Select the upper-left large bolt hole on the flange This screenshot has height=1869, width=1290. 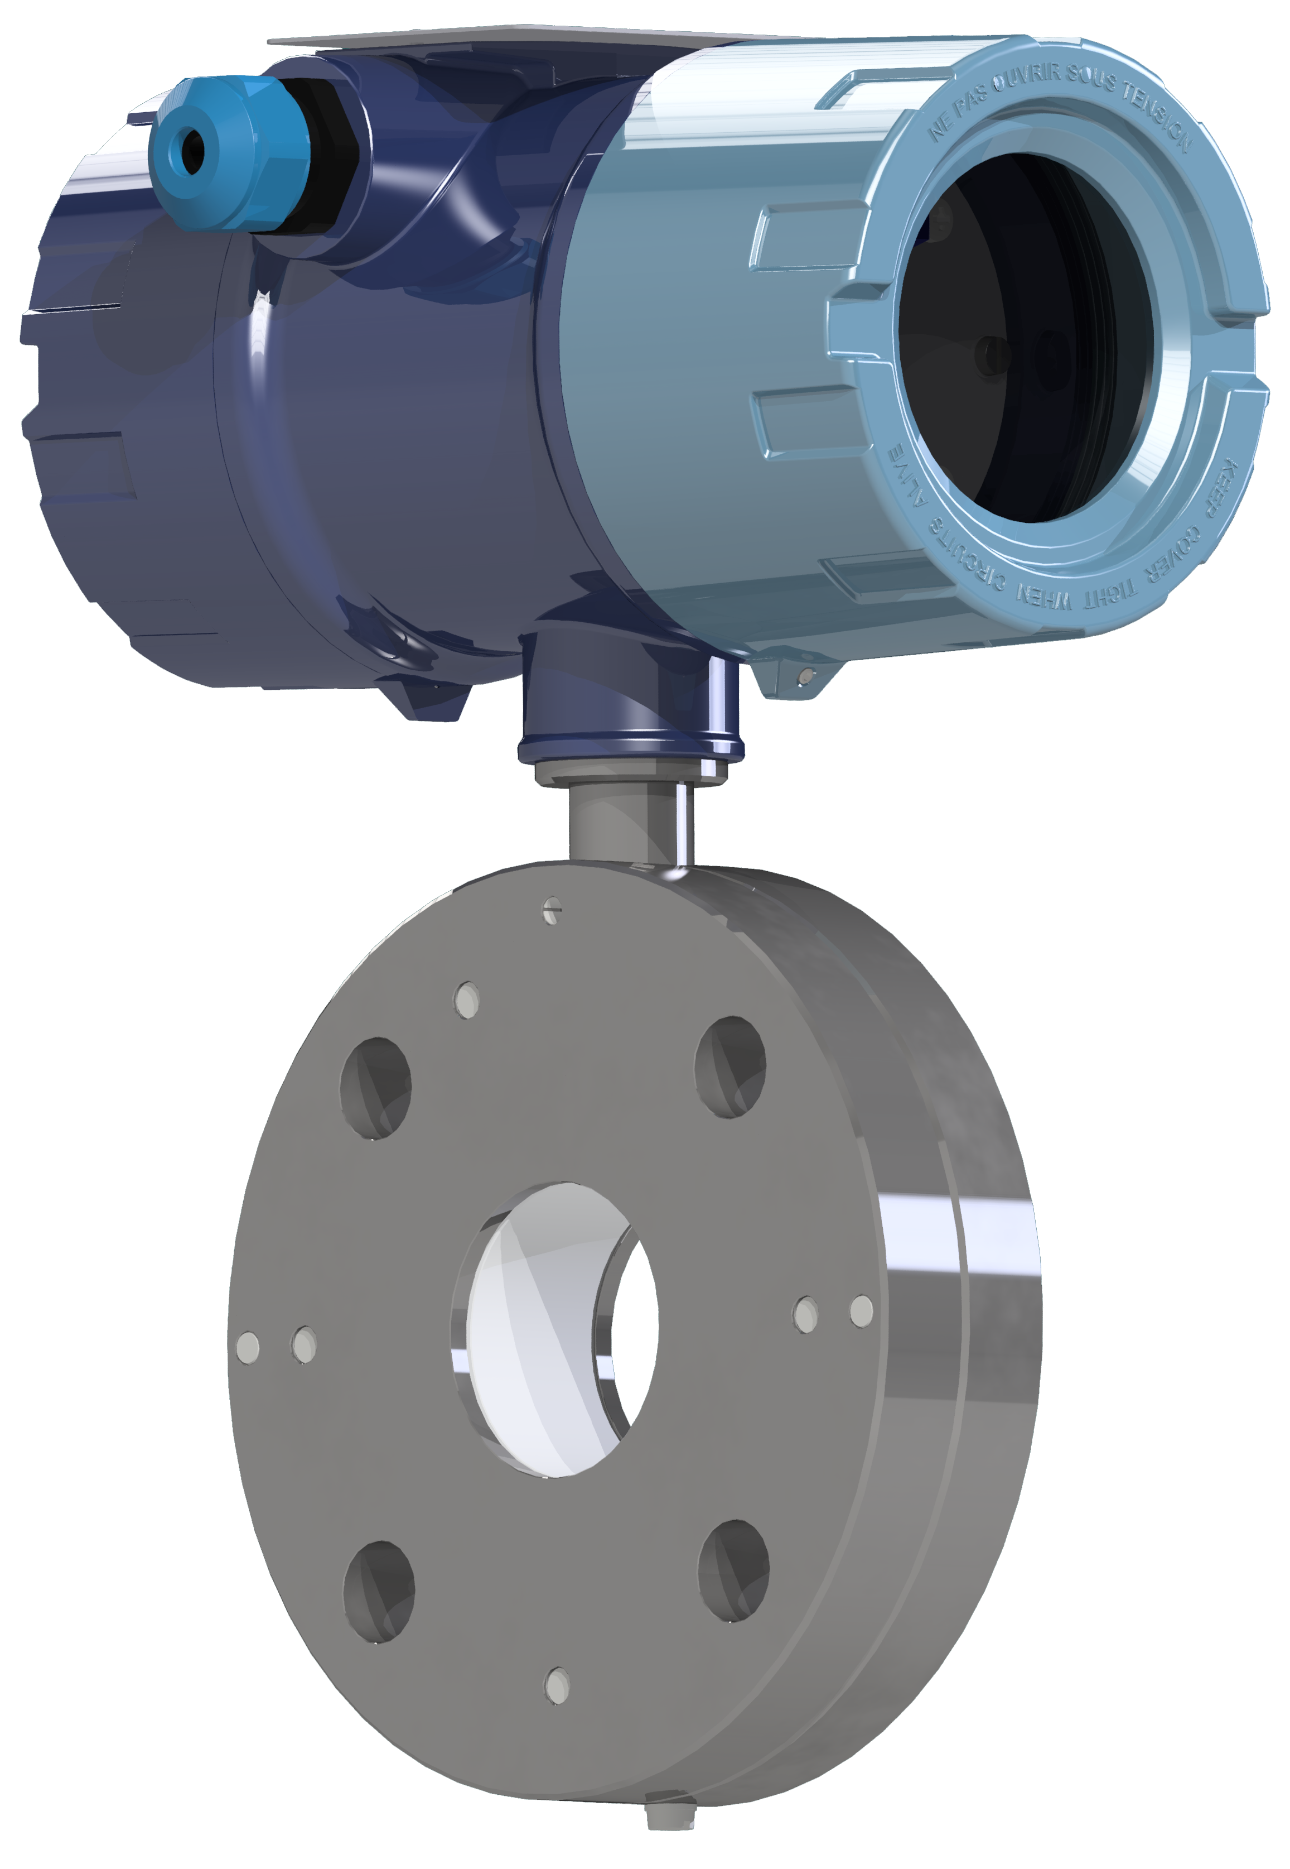click(x=376, y=1088)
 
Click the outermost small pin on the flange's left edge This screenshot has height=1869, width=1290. click(x=247, y=1347)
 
